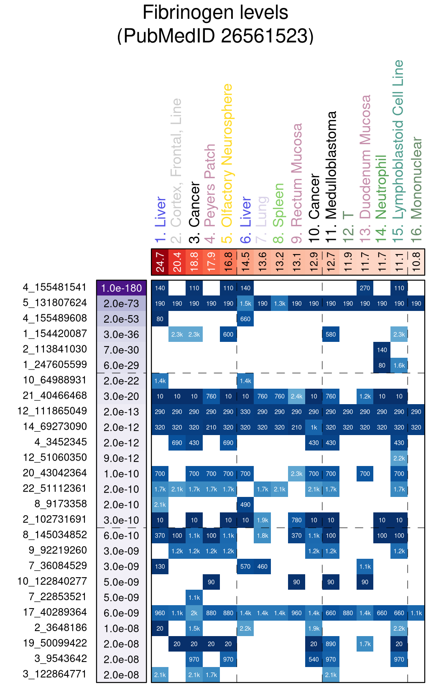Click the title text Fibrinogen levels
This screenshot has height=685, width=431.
(x=215, y=13)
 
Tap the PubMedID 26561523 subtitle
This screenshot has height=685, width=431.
(x=215, y=36)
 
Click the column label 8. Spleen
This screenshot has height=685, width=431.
(x=278, y=213)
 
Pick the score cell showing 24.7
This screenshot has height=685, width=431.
(x=160, y=262)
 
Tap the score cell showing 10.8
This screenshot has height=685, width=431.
(x=416, y=262)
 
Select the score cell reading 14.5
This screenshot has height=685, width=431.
(x=245, y=262)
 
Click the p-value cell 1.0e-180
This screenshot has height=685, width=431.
(x=122, y=288)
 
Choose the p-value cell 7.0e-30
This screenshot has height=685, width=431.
(x=122, y=350)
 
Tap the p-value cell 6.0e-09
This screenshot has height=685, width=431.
(x=122, y=613)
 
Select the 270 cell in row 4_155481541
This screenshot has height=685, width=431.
(x=365, y=288)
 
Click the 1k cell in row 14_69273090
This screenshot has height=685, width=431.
(x=314, y=427)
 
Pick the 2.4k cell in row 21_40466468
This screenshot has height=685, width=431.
(x=296, y=396)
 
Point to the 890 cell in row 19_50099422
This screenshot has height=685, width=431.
(x=331, y=644)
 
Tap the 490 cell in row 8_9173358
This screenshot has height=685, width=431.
(x=245, y=504)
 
